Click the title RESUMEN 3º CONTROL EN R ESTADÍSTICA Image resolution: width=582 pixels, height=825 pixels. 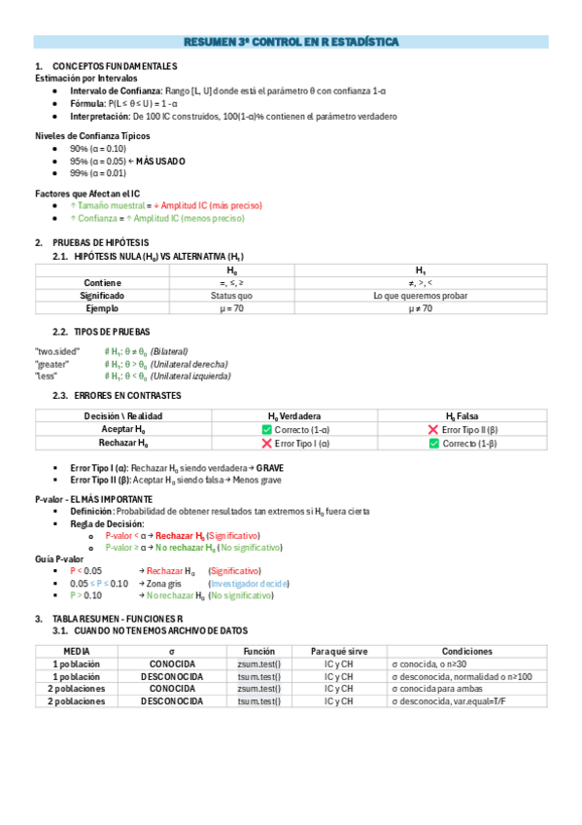(x=291, y=43)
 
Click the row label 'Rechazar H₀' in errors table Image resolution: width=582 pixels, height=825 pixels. (x=123, y=443)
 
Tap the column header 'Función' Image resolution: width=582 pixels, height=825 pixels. (x=259, y=651)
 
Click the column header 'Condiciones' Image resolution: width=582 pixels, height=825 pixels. (x=466, y=651)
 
